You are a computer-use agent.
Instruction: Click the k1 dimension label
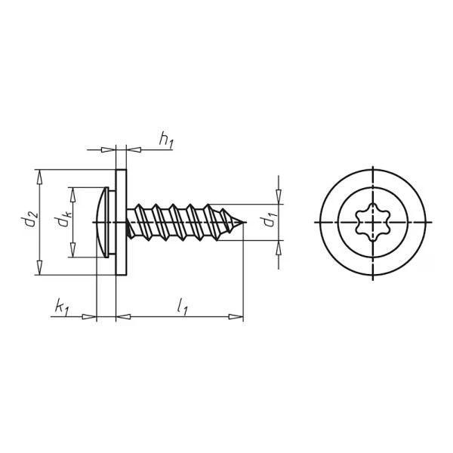pyautogui.click(x=61, y=306)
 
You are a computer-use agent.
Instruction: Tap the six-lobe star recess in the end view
pyautogui.click(x=373, y=223)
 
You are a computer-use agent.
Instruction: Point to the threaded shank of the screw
pyautogui.click(x=181, y=222)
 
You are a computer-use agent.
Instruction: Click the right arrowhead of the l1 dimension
pyautogui.click(x=239, y=317)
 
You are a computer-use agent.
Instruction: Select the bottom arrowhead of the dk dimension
pyautogui.click(x=73, y=254)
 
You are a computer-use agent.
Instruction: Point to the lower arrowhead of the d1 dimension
pyautogui.click(x=279, y=245)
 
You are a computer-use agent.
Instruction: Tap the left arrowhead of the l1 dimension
pyautogui.click(x=121, y=317)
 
